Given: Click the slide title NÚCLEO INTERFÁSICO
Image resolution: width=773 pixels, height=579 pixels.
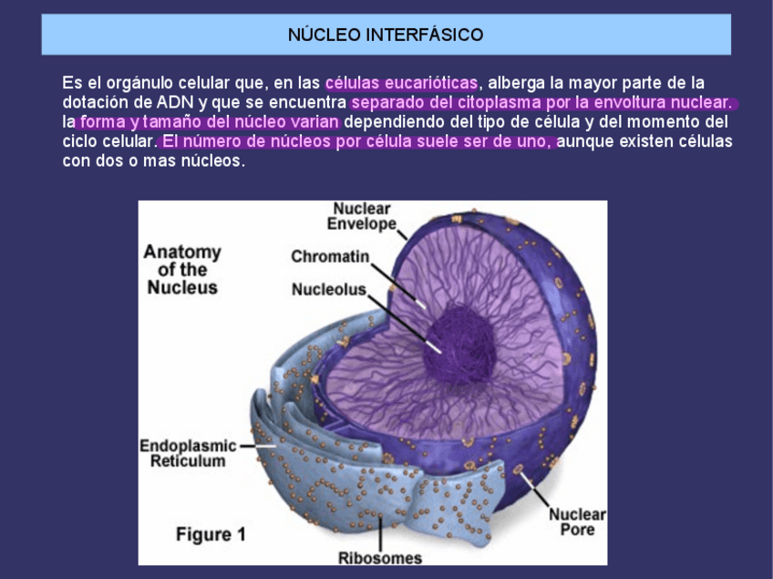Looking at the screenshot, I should (x=386, y=36).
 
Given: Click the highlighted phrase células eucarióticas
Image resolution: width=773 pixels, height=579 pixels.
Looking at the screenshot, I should (x=401, y=83).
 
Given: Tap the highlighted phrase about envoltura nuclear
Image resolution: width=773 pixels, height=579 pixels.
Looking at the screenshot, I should (x=542, y=102).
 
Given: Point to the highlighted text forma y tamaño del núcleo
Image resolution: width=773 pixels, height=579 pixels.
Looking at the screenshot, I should (x=209, y=122).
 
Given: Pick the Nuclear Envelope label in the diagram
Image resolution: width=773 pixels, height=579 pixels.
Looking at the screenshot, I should (x=363, y=216).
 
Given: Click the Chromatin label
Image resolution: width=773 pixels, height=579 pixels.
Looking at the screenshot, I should (x=330, y=257).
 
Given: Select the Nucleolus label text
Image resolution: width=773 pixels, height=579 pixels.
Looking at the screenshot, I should (x=328, y=290).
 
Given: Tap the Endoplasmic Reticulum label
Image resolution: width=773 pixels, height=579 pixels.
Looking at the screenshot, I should (x=188, y=453).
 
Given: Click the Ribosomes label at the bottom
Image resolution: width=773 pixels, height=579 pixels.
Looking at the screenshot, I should (x=380, y=557).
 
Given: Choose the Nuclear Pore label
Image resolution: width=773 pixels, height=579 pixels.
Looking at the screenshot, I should (x=577, y=522).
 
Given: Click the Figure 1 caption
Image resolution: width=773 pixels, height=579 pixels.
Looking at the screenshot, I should (x=211, y=534).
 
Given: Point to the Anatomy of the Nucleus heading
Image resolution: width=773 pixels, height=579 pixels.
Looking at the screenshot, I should (x=182, y=269).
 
